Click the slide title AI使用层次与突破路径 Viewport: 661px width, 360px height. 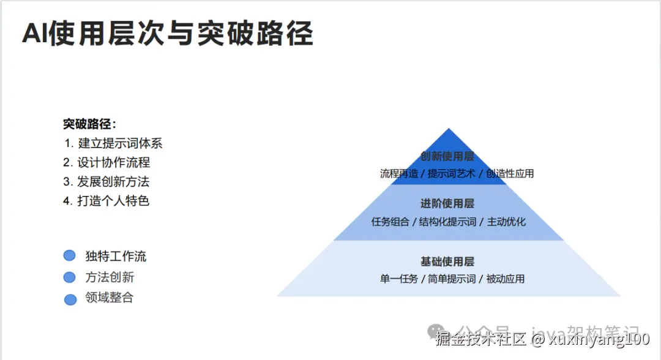[167, 34]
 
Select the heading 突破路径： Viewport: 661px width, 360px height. [89, 124]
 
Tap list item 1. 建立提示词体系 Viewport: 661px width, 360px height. [113, 144]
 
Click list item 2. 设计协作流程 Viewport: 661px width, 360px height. [106, 163]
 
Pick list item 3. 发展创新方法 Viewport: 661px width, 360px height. [106, 182]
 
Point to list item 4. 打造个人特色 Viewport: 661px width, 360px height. [106, 201]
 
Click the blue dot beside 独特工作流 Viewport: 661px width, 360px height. [70, 256]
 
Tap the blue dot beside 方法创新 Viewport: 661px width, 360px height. [70, 277]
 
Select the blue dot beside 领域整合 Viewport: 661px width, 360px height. [70, 299]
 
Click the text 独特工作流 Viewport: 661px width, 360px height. [116, 257]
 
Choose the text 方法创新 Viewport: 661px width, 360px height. [110, 277]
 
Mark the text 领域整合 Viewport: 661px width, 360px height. [110, 298]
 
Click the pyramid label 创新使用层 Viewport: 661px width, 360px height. [447, 157]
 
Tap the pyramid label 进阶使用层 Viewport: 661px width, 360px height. [447, 203]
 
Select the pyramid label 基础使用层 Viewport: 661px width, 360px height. [447, 261]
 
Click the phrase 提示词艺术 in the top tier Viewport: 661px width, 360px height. [452, 174]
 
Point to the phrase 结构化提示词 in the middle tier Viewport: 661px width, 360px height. [448, 222]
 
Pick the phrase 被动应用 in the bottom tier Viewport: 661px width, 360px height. [506, 279]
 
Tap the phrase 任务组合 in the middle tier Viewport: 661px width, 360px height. [390, 222]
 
